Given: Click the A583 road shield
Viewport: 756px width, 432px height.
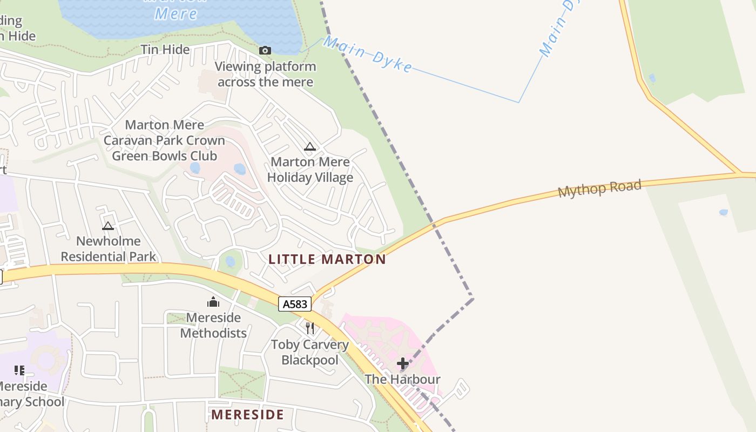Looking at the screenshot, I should point(295,304).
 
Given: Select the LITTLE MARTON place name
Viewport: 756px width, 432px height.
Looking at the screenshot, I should point(327,259).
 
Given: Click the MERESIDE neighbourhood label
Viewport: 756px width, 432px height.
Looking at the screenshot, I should point(247,415).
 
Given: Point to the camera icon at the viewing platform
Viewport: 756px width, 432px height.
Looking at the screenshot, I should point(265,50).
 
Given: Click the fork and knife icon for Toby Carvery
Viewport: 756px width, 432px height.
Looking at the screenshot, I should point(310,328).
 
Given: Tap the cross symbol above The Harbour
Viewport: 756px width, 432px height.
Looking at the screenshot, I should point(403,363).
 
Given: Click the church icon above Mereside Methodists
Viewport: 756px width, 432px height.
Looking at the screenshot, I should point(213,302).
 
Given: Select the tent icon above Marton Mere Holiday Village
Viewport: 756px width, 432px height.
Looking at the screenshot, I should point(309,146).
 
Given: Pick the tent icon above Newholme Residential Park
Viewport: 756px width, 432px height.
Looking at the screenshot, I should point(108,226).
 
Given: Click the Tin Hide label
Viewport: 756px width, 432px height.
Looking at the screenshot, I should point(165,50).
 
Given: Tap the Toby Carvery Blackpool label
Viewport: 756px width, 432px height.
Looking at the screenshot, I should point(310,352).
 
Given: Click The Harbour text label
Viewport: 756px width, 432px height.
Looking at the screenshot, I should point(403,379).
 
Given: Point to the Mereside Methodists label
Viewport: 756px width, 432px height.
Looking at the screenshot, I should point(213,325).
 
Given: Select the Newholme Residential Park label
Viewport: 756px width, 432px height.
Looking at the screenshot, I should point(108,249).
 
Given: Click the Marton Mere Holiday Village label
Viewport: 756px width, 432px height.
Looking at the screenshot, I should point(310,170).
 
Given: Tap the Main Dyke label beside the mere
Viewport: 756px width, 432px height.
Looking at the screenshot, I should point(368,54).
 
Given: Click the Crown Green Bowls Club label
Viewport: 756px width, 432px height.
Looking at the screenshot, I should point(164,140).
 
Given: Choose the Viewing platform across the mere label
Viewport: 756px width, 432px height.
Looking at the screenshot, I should point(266,75).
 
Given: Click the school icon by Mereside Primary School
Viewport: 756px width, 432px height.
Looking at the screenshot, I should point(19,370).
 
